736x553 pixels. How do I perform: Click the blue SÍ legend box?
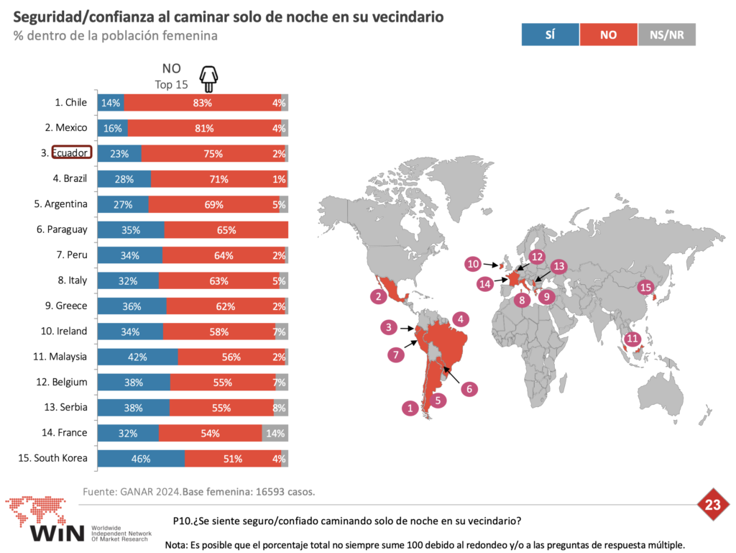550,35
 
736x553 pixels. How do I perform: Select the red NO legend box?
608,35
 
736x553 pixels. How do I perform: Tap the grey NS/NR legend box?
666,35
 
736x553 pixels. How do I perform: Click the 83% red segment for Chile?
202,103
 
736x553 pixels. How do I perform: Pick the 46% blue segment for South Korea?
141,459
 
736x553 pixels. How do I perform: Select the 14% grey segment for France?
275,433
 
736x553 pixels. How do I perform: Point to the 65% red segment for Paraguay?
226,230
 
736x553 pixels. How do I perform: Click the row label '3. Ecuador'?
71,153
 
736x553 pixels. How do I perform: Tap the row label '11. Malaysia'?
63,357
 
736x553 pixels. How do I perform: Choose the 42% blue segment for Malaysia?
137,357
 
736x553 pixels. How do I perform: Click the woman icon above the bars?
208,77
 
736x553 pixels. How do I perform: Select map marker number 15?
646,288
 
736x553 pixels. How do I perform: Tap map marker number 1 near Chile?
410,408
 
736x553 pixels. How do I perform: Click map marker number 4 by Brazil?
461,318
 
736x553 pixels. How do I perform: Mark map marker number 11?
632,339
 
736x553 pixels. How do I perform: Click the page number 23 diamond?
712,506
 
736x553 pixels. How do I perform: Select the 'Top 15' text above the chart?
171,84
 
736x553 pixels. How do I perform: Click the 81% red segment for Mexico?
204,129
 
